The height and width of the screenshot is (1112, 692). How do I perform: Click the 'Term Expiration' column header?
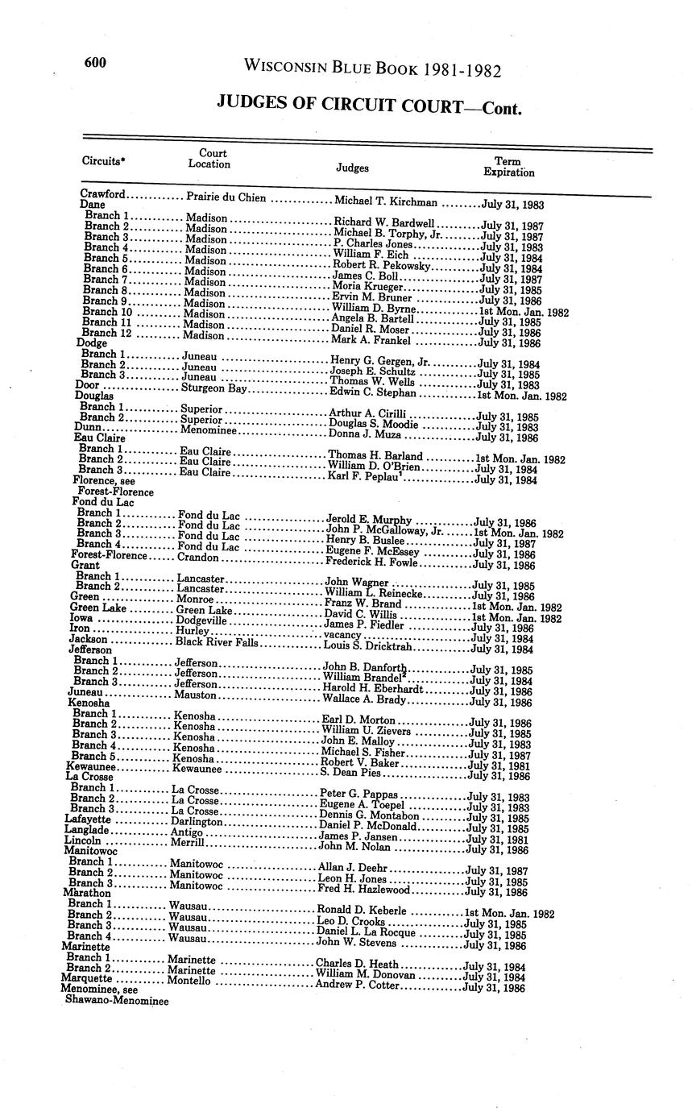click(x=508, y=167)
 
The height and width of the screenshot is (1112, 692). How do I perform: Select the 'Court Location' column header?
click(x=209, y=159)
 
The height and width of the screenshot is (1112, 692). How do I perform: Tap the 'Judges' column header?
click(x=352, y=168)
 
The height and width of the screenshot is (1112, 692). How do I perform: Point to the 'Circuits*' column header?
click(x=104, y=160)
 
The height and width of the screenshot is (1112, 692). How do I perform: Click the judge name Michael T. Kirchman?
click(x=386, y=202)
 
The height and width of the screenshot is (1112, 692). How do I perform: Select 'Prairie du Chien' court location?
click(x=226, y=197)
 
